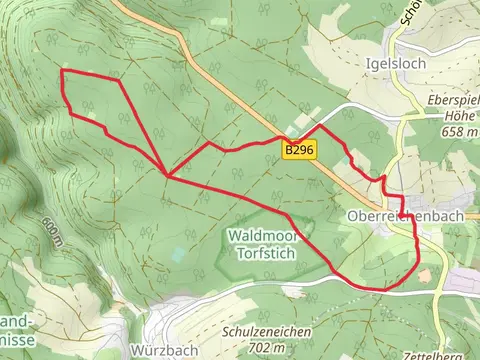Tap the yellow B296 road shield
tap(295, 150)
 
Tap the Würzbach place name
tap(157, 350)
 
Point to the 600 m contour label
tap(53, 230)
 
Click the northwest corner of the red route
tap(62, 71)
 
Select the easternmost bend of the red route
tap(418, 262)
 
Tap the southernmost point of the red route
tap(380, 289)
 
